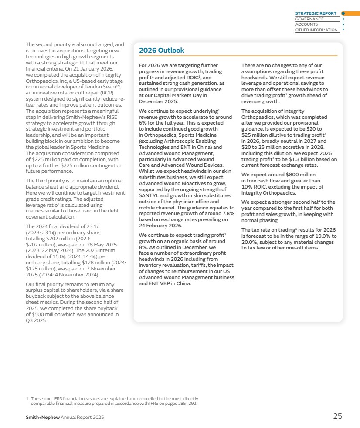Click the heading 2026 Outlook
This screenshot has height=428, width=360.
[161, 51]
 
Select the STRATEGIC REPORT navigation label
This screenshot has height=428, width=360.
[316, 13]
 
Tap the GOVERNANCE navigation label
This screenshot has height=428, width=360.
[309, 19]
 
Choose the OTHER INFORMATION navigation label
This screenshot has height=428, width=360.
[316, 30]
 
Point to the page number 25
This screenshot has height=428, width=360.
[337, 416]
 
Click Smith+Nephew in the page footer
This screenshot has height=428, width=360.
[42, 417]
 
